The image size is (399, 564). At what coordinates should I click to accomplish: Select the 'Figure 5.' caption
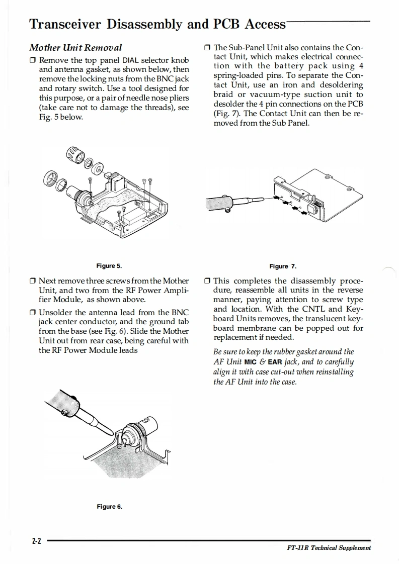109,266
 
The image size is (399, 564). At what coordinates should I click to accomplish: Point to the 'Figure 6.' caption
109,506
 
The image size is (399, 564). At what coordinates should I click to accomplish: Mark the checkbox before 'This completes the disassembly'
208,281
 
